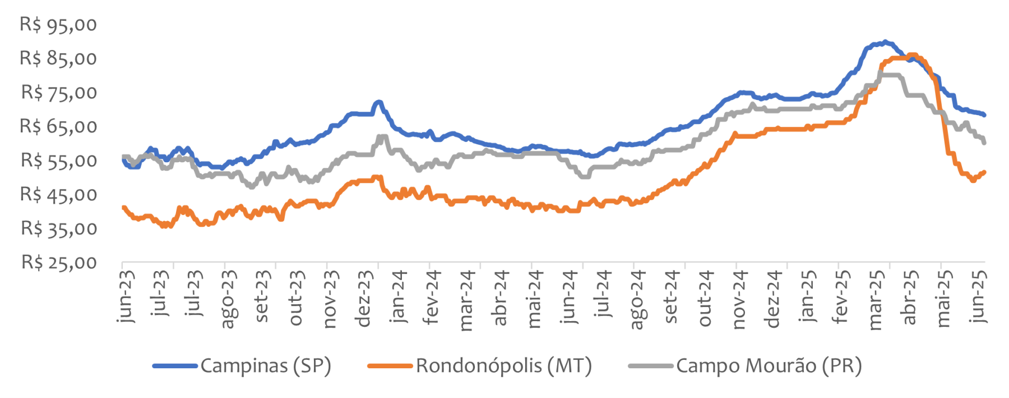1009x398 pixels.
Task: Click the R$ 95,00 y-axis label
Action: (58, 25)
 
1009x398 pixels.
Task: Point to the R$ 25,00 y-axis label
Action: (58, 262)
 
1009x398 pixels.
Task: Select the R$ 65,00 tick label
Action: (58, 126)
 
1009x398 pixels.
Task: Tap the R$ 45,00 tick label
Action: (58, 194)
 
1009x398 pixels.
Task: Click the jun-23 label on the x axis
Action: (127, 296)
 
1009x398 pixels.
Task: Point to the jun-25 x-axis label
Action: (979, 296)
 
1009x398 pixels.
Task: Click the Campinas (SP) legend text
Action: (266, 366)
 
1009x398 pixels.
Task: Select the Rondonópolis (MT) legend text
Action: (503, 366)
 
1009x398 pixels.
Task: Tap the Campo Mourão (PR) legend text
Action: (769, 366)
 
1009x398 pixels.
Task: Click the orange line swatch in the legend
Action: (390, 366)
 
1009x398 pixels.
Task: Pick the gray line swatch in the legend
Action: (650, 366)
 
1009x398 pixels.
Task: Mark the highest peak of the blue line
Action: (885, 42)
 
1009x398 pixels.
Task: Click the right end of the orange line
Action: (984, 172)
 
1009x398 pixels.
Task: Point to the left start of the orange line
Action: (123, 208)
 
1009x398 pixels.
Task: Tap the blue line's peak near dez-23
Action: (379, 102)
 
